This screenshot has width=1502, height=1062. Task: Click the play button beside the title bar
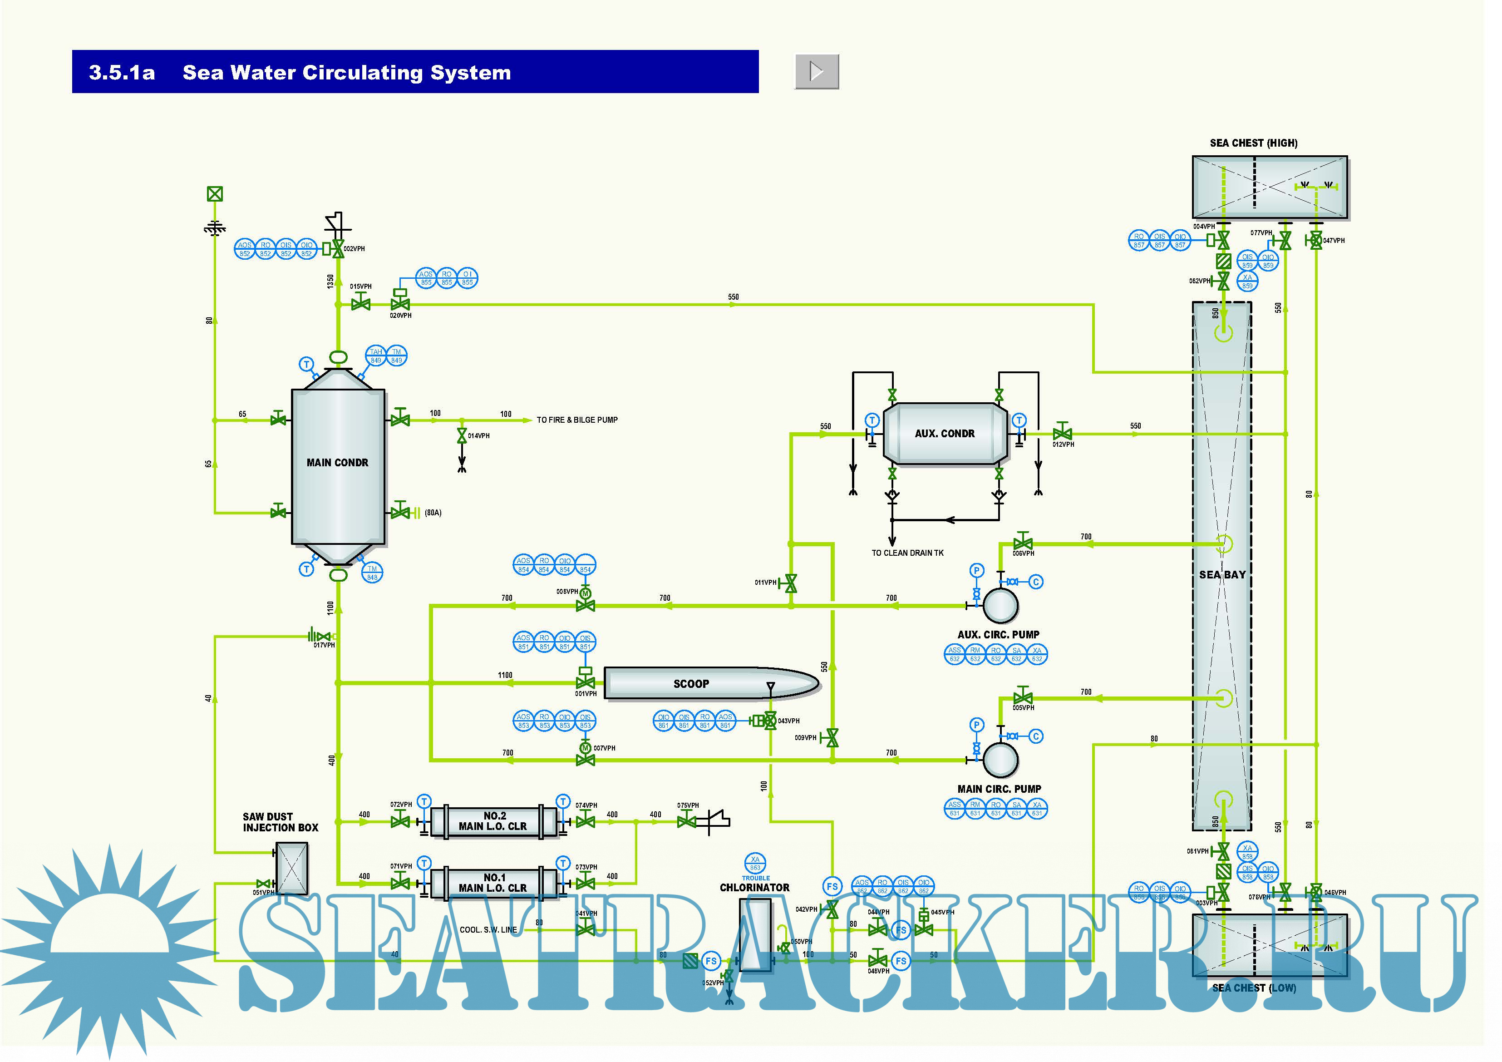(x=817, y=71)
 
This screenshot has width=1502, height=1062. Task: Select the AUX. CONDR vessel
(x=944, y=433)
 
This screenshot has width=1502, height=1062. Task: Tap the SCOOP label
(x=691, y=684)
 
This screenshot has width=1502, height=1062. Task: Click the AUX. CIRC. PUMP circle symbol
(x=1000, y=605)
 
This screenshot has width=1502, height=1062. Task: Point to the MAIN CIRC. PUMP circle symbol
(x=1000, y=760)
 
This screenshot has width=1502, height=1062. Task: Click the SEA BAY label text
(x=1222, y=574)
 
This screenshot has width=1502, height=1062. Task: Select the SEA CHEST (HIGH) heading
(x=1253, y=143)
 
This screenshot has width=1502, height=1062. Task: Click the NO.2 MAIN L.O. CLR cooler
(x=493, y=821)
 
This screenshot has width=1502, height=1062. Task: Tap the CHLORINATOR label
(x=754, y=888)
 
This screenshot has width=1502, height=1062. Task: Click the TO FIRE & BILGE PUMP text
(x=577, y=420)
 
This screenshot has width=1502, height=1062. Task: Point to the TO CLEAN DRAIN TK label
(x=907, y=553)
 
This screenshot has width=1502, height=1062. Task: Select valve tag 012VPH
(x=1063, y=445)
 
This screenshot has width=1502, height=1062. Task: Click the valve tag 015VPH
(x=360, y=286)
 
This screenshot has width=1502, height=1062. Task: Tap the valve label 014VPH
(x=478, y=436)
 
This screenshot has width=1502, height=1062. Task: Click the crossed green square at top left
(x=215, y=194)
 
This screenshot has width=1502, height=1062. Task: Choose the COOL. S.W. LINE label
(x=488, y=930)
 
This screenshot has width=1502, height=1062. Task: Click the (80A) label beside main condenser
(x=433, y=513)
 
